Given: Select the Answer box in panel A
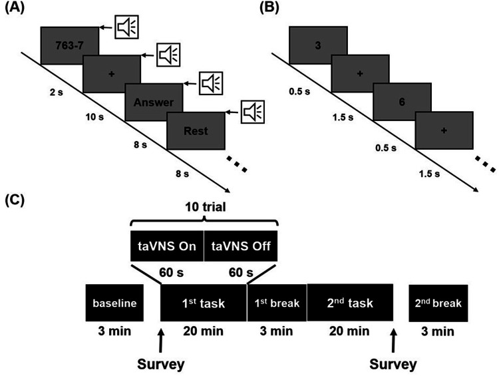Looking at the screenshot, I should (x=153, y=102).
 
